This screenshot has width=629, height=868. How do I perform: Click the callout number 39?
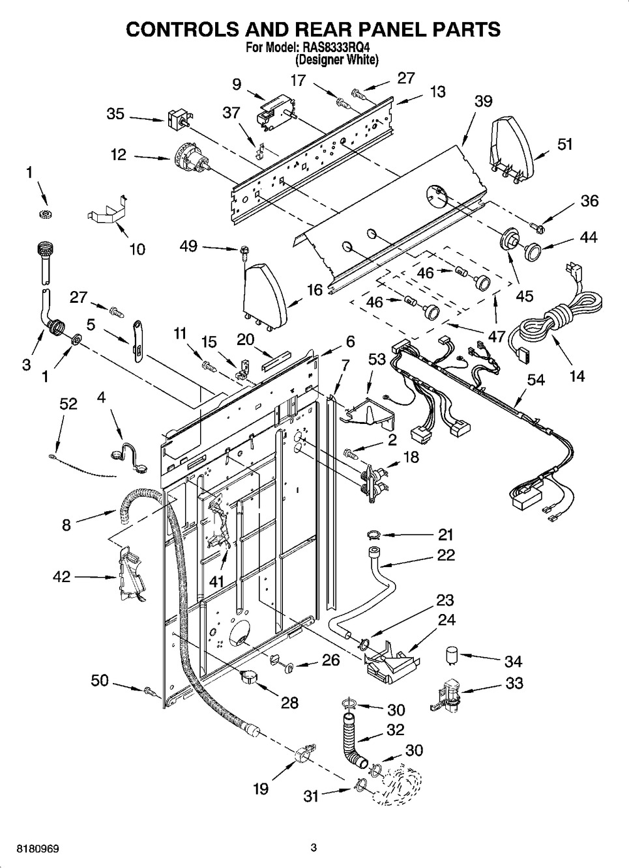point(483,101)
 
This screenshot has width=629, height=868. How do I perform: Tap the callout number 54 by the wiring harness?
point(536,380)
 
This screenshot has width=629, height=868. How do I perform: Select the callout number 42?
point(61,576)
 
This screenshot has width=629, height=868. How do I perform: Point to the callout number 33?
point(514,683)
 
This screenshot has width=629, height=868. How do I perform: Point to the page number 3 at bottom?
point(314,848)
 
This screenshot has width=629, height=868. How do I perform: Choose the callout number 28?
point(289,703)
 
